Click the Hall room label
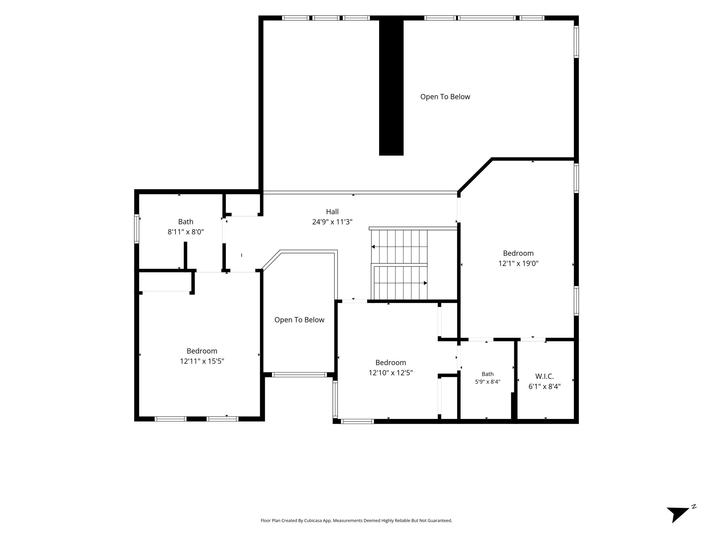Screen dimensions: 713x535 (x=332, y=211)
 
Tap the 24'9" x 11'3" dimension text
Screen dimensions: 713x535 (x=332, y=222)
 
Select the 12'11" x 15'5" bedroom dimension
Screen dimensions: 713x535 (x=202, y=361)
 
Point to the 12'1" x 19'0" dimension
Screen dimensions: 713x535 (x=518, y=263)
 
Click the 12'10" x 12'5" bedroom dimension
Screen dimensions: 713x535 (x=391, y=373)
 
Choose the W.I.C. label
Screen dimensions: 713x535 (x=544, y=376)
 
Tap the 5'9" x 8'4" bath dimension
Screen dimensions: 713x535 (x=488, y=382)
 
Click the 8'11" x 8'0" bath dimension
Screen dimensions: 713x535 (x=186, y=232)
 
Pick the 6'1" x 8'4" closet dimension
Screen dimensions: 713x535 (x=544, y=386)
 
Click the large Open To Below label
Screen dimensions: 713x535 (x=445, y=97)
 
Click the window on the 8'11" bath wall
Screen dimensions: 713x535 (x=137, y=228)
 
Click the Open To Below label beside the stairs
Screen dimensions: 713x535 (x=299, y=320)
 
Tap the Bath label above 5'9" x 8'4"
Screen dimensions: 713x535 (x=488, y=374)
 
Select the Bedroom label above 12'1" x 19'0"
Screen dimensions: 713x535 (x=518, y=253)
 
